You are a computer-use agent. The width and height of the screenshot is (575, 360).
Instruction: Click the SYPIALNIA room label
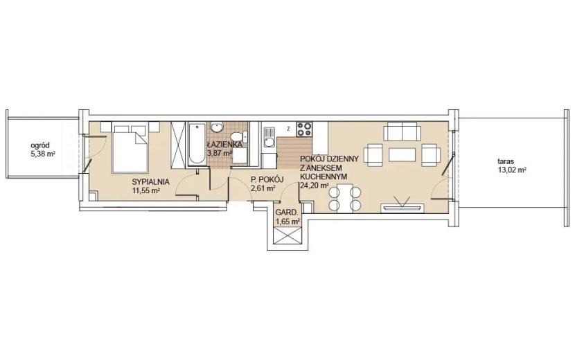[x=150, y=181]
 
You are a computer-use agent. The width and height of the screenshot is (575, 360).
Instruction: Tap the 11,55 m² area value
[x=146, y=190]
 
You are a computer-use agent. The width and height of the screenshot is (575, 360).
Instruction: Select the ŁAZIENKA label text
[x=224, y=144]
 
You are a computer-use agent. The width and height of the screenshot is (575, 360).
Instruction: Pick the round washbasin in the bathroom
[x=217, y=127]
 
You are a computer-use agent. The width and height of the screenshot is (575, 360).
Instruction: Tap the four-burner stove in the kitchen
[x=304, y=129]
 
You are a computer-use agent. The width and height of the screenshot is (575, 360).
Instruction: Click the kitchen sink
[x=269, y=137]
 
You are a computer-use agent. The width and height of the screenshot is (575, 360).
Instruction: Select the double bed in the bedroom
[x=130, y=147]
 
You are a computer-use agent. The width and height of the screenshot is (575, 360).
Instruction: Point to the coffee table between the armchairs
[x=402, y=154]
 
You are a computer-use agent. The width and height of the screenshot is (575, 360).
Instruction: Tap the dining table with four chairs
[x=345, y=198]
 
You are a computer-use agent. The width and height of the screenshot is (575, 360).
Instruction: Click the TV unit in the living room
[x=402, y=208]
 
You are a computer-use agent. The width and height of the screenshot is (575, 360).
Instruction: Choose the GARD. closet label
[x=287, y=213]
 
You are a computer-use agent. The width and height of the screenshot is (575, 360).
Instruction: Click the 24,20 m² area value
[x=315, y=186]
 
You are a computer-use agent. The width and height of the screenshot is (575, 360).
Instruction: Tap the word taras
[x=506, y=161]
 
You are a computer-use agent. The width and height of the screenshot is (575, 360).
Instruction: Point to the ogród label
[x=40, y=145]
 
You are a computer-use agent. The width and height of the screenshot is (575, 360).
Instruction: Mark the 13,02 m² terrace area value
[x=512, y=170]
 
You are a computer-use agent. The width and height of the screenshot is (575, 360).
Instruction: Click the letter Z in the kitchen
[x=289, y=129]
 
